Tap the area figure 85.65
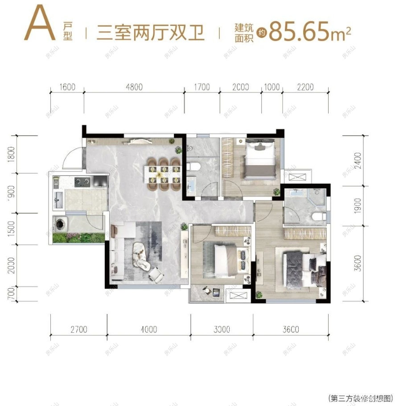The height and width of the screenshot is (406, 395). coord(303,31)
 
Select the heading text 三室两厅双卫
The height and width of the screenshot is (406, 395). coord(150,33)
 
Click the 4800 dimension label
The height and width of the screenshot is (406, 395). coord(134,87)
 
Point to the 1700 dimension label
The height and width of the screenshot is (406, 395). coord(202,87)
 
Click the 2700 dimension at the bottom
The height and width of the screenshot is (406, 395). coord(78,330)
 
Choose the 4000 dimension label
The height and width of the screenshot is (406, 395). coord(148,330)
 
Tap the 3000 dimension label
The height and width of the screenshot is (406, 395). coord(222,330)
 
